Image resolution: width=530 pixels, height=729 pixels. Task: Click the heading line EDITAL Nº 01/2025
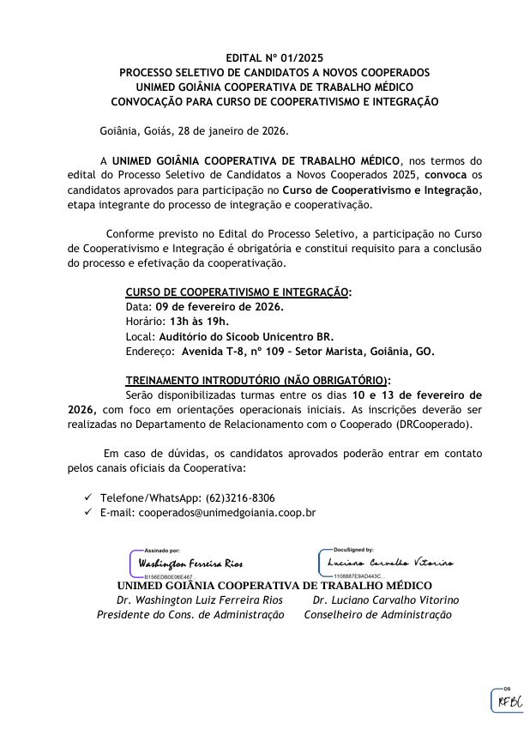tap(274, 58)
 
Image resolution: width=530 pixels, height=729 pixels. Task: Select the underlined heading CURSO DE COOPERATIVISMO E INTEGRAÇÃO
tap(238, 292)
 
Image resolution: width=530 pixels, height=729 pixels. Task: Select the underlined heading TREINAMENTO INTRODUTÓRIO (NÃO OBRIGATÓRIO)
tap(257, 380)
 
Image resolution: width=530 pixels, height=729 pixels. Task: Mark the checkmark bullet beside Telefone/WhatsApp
tap(88, 497)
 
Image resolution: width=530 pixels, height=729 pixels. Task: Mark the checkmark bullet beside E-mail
tap(88, 512)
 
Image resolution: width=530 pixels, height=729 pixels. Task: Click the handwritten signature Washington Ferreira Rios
tap(190, 563)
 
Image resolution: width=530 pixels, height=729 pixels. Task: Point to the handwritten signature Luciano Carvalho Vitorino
tap(390, 562)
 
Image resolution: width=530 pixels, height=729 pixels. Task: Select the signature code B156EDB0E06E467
tap(168, 577)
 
